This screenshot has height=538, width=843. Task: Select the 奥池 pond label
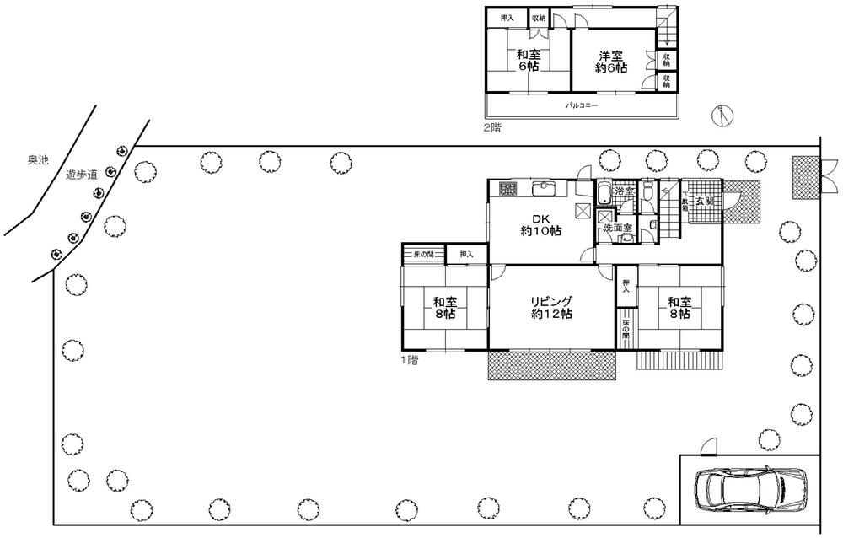tap(38, 159)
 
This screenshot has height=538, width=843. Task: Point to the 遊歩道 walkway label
tap(82, 175)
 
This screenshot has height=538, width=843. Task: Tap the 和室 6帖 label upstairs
tap(529, 61)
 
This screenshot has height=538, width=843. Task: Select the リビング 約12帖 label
tap(552, 307)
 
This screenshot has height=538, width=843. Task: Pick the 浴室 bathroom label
tap(625, 192)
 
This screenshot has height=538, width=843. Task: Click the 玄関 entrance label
tap(705, 202)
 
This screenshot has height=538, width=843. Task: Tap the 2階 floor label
tap(491, 128)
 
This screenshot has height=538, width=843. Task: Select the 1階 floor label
tap(410, 360)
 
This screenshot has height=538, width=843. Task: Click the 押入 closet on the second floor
tap(507, 18)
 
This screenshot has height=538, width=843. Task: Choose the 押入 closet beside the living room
tap(626, 286)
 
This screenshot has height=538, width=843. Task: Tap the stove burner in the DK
tap(507, 189)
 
